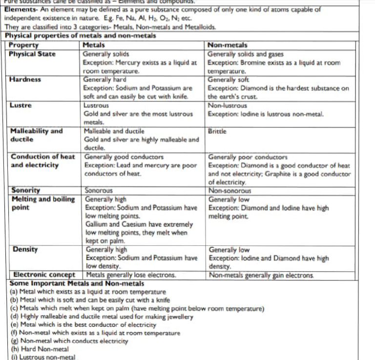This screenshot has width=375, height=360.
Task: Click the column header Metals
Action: click(94, 45)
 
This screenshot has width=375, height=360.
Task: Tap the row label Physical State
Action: click(32, 54)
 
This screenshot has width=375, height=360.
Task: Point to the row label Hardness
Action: click(25, 80)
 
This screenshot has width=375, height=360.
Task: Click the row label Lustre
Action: click(21, 105)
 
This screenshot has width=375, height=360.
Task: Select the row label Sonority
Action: click(26, 190)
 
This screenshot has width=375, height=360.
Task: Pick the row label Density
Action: click(25, 250)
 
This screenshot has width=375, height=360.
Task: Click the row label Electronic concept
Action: click(44, 275)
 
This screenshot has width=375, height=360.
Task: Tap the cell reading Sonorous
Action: click(99, 190)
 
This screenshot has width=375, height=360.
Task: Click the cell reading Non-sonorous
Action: click(229, 191)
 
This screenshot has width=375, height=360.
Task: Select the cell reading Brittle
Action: click(217, 131)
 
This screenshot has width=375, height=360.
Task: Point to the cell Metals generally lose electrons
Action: click(131, 275)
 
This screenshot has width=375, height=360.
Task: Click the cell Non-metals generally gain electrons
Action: click(261, 275)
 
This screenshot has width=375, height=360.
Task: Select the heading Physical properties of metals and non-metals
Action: click(81, 36)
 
